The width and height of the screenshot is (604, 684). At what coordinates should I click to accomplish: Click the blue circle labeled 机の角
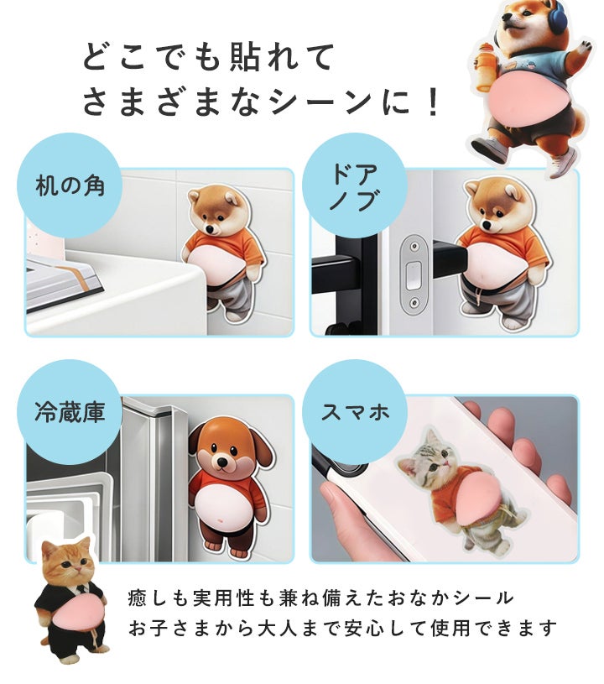point(70,185)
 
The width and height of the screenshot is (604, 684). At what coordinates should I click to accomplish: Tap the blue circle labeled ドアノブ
point(355,185)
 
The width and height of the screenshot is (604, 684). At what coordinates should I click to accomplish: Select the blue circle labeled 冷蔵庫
point(70,412)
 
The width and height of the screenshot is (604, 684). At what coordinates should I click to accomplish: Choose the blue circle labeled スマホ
point(355,412)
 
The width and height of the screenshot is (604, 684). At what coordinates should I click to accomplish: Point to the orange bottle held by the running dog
point(488,66)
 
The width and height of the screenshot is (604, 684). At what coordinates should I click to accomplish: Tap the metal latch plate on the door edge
point(414,274)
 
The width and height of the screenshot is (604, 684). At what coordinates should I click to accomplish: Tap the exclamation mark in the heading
point(433,102)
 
